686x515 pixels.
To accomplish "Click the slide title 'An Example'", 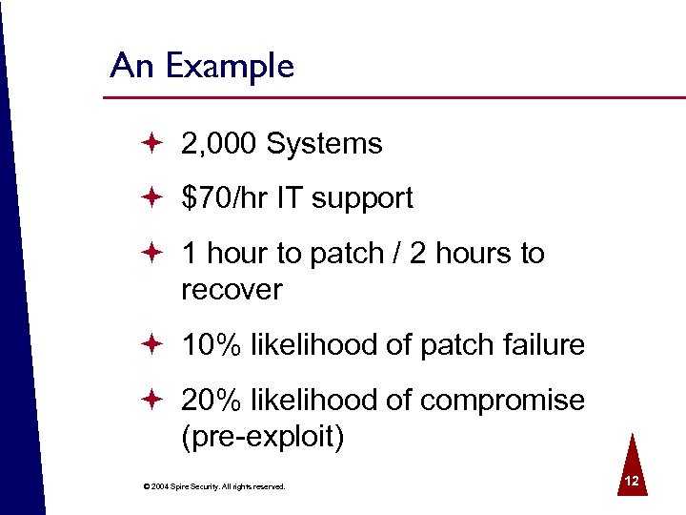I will tap(202, 67).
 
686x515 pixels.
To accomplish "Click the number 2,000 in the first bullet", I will tap(220, 144).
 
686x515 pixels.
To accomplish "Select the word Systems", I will tap(325, 144).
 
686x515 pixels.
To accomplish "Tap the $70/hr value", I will tap(225, 198).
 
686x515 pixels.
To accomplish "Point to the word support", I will tap(362, 199).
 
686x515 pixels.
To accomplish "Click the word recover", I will tap(232, 289).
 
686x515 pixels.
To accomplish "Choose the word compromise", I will tap(502, 400).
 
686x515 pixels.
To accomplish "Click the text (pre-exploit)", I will tap(262, 437).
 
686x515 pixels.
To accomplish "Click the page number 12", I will tap(631, 482).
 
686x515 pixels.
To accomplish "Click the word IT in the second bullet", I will tap(290, 198).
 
